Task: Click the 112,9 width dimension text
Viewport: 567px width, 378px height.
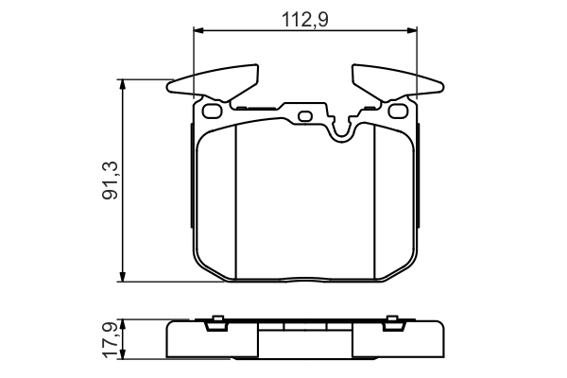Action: tap(305, 20)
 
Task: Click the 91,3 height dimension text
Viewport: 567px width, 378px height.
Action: tap(110, 180)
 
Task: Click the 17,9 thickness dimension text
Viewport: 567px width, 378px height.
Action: tap(110, 339)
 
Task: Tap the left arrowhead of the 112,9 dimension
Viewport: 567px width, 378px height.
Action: tap(199, 30)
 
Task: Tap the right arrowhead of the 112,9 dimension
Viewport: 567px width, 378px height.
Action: tap(411, 30)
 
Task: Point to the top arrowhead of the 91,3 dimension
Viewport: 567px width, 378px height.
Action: tap(123, 85)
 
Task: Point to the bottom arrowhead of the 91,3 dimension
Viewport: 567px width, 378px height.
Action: tap(123, 276)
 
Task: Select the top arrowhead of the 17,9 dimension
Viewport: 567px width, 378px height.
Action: tap(123, 324)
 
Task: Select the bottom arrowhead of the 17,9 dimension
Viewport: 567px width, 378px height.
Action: tap(123, 353)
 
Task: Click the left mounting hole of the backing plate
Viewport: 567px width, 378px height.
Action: tap(212, 112)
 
